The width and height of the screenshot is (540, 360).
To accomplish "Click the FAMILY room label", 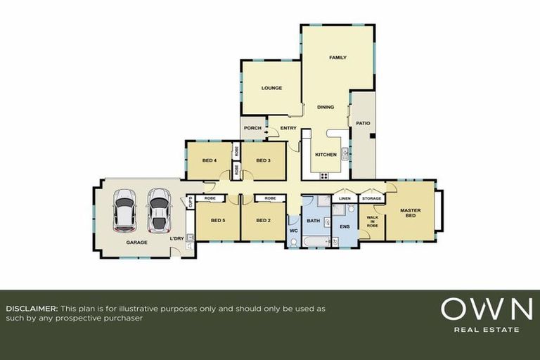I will click(x=338, y=57).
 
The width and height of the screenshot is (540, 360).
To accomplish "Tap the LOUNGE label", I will click(x=271, y=88).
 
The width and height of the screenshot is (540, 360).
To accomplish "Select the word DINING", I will click(x=326, y=108).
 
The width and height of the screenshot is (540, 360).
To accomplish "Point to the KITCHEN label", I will click(x=326, y=154).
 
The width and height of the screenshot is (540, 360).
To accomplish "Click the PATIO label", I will click(x=363, y=123).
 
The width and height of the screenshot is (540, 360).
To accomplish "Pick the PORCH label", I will click(x=252, y=128).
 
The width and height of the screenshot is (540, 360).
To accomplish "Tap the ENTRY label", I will click(x=288, y=128).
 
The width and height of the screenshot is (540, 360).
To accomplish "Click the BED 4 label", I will click(x=210, y=160).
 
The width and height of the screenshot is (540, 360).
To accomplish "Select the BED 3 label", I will click(x=264, y=160).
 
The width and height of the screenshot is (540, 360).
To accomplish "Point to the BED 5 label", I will click(x=218, y=221).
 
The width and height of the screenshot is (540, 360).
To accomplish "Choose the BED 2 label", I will click(x=264, y=221).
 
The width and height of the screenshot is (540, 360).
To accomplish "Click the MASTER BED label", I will click(x=410, y=212).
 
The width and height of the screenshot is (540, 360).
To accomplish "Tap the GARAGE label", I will click(x=136, y=243).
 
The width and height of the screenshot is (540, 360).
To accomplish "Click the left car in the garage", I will click(x=124, y=210).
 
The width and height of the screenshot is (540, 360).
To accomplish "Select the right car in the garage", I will click(x=158, y=210).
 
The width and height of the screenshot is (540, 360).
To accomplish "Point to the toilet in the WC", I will click(x=294, y=243).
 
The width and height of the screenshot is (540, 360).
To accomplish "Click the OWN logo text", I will click(x=486, y=309).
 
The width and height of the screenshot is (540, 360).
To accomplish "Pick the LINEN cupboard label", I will click(x=345, y=199).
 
